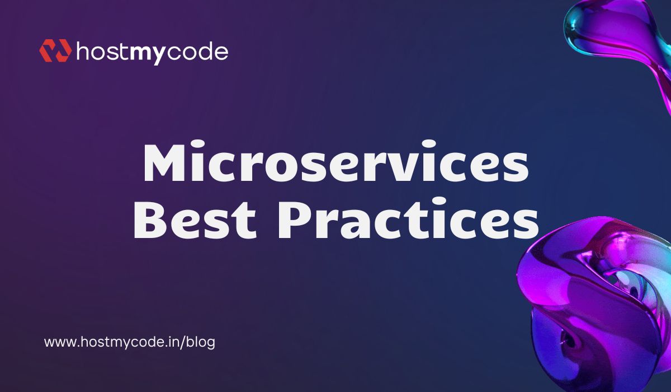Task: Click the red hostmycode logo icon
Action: (55, 50)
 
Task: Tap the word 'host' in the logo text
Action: (102, 52)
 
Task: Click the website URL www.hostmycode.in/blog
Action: (129, 342)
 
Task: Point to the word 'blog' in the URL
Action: (202, 343)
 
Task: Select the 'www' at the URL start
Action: (58, 343)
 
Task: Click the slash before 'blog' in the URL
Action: (187, 342)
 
